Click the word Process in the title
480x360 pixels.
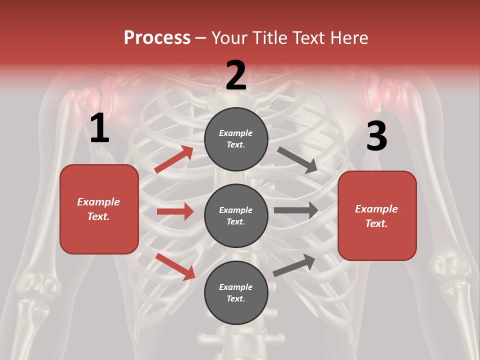tap(157, 38)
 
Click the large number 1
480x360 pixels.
tap(99, 128)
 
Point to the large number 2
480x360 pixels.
tap(236, 75)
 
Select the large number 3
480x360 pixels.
tap(376, 136)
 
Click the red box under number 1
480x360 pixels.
tap(99, 209)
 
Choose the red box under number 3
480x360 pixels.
tap(377, 216)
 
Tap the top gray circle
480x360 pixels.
tap(236, 139)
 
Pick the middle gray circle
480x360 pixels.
tap(236, 215)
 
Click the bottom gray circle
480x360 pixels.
tap(236, 292)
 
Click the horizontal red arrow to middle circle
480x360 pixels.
tap(175, 211)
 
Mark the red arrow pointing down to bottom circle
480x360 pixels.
tap(175, 266)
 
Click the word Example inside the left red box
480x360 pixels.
tap(98, 202)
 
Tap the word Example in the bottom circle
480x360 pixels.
tap(236, 287)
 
